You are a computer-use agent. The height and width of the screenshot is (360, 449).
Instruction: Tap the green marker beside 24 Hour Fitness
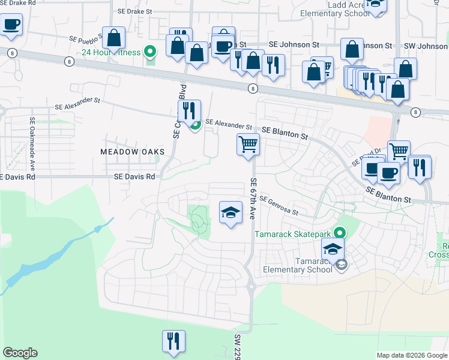click(x=151, y=52)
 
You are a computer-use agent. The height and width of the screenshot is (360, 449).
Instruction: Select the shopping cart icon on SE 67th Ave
click(x=248, y=145)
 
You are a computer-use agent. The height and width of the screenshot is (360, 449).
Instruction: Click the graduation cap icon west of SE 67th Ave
click(x=231, y=212)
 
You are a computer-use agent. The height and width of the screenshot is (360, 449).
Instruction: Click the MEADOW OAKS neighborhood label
click(x=132, y=152)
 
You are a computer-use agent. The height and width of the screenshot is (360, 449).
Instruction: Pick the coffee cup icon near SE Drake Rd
click(x=11, y=25)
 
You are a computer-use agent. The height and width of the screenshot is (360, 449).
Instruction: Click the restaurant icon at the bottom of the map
click(x=173, y=341)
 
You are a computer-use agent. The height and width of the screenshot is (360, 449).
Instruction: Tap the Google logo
click(x=20, y=353)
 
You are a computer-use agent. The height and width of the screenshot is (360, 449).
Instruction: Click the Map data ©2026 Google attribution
click(x=412, y=355)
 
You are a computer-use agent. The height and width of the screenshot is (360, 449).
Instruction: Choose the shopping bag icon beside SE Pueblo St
click(x=113, y=38)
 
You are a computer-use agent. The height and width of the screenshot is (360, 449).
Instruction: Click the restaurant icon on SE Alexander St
click(x=188, y=111)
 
